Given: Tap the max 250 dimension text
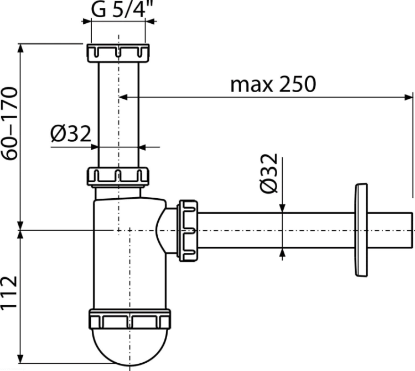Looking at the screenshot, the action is tap(273, 84).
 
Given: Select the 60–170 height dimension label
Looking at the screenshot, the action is tap(10, 124).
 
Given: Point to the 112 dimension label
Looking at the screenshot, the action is tap(9, 293).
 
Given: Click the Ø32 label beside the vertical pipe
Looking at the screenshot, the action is tap(71, 134).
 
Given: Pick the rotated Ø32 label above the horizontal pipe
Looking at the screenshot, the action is tap(269, 173).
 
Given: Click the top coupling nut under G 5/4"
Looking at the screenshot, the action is tap(118, 53).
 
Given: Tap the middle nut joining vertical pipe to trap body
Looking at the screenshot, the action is tap(118, 176).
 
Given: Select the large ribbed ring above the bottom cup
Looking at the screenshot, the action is tap(129, 319).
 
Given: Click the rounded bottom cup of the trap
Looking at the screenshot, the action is tap(129, 347).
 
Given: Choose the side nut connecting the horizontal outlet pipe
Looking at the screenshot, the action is tap(188, 231).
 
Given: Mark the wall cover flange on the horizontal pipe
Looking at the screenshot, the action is tap(361, 230).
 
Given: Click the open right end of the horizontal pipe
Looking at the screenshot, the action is tap(412, 230).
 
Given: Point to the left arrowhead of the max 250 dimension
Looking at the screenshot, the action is tap(123, 97).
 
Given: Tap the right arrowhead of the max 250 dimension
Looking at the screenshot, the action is tap(408, 97).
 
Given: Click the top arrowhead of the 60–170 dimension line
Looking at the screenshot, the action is tap(20, 48).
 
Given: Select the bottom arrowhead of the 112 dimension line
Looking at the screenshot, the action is tap(20, 359).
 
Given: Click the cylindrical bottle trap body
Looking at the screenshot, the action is tap(129, 253).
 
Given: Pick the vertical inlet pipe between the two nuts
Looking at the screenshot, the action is tap(118, 115).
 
